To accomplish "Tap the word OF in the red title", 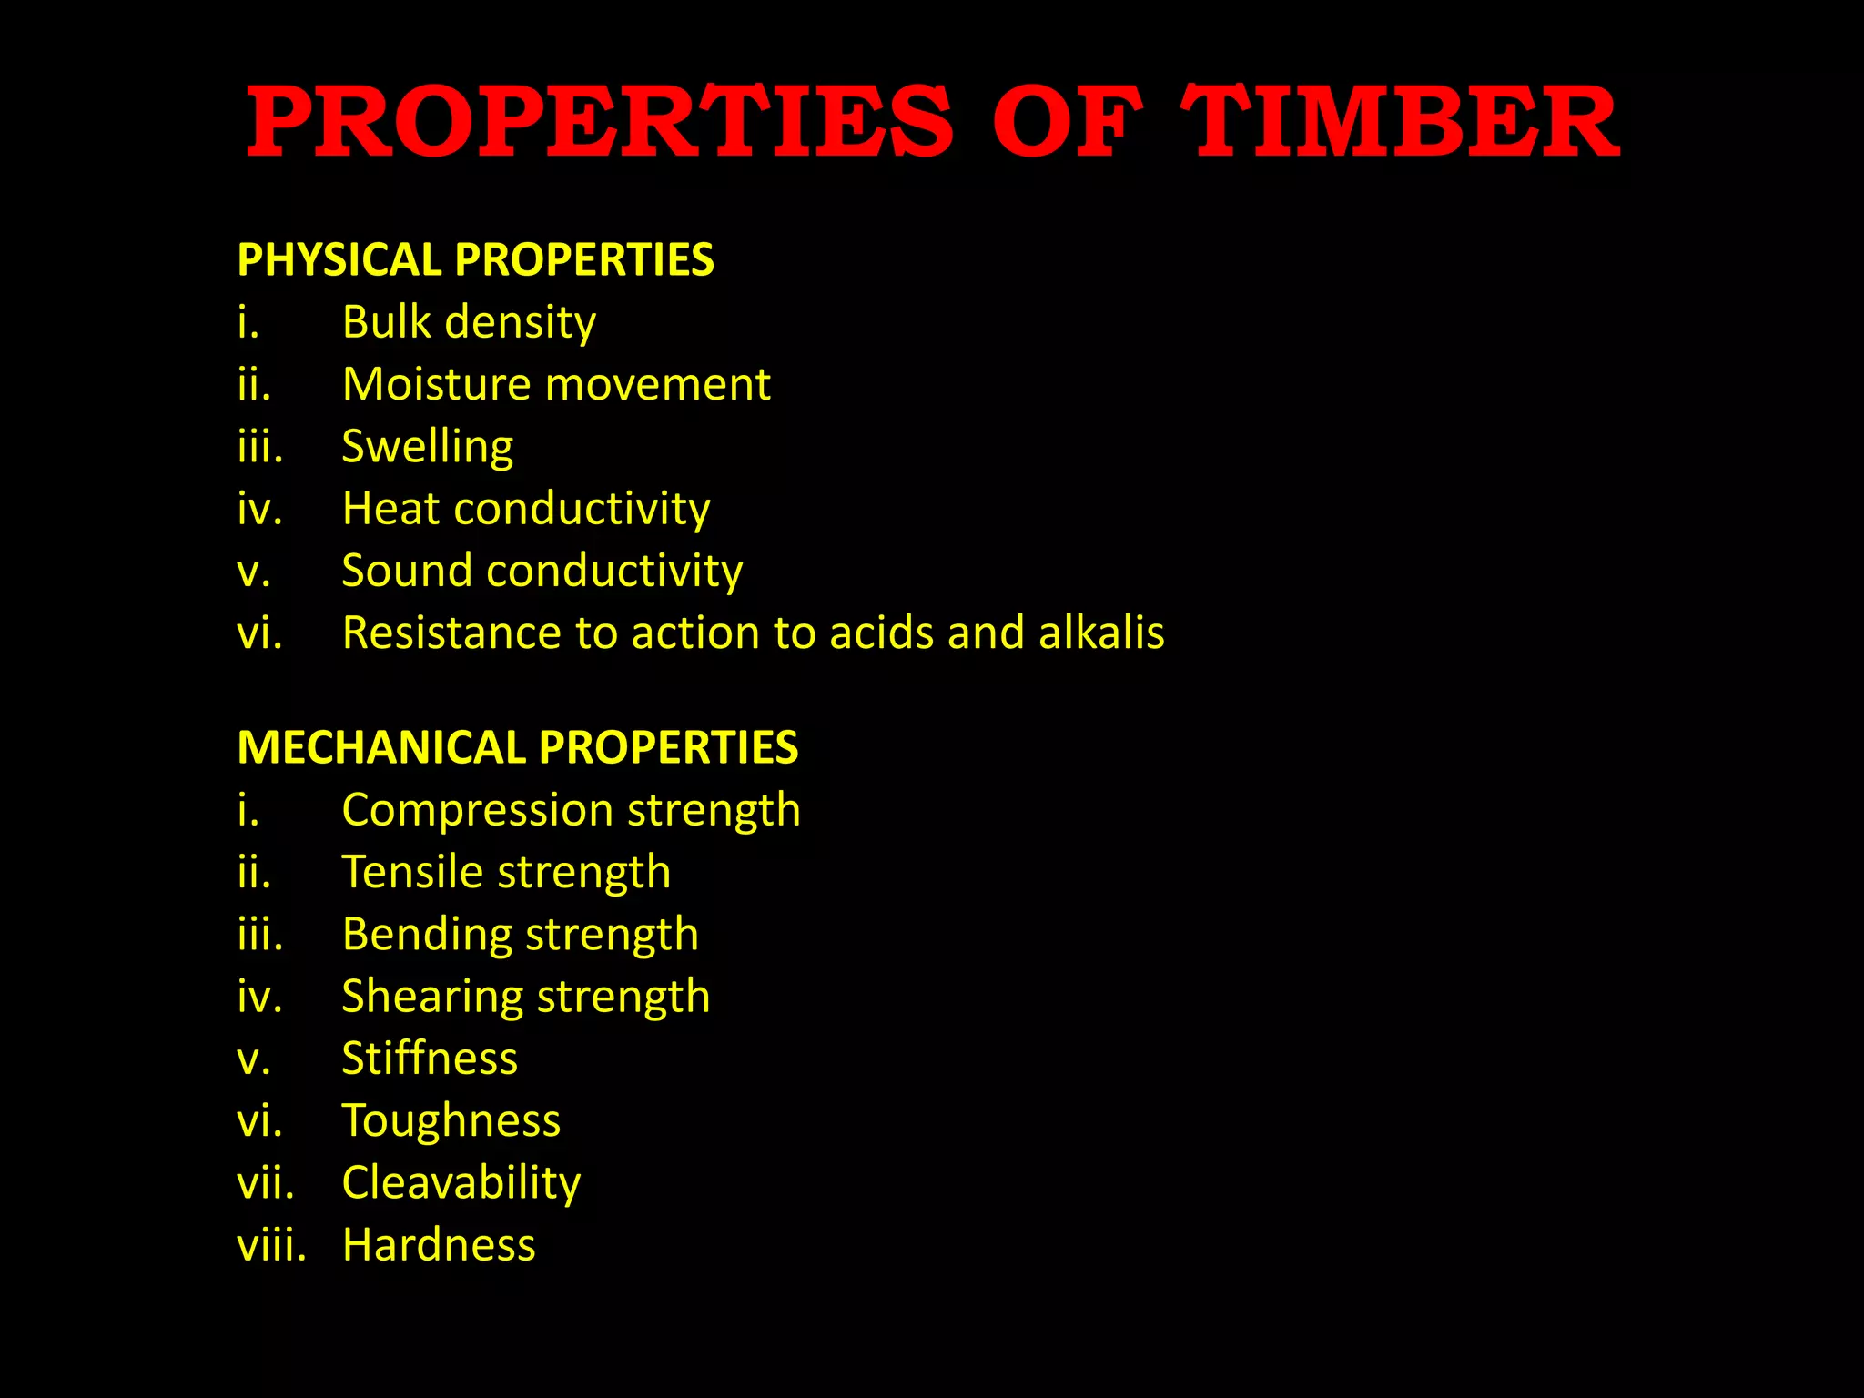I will click(1067, 123).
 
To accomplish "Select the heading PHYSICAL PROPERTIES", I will click(475, 260).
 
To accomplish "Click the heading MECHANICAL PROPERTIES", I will click(517, 748).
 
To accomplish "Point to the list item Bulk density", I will click(469, 322).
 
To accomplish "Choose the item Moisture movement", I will click(556, 384).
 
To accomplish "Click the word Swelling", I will click(427, 447).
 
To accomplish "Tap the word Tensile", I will click(412, 872).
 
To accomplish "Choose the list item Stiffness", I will click(430, 1059).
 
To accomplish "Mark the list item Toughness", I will click(451, 1120).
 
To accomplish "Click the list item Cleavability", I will click(461, 1183).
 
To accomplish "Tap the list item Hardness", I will click(439, 1245).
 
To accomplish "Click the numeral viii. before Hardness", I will click(271, 1245).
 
